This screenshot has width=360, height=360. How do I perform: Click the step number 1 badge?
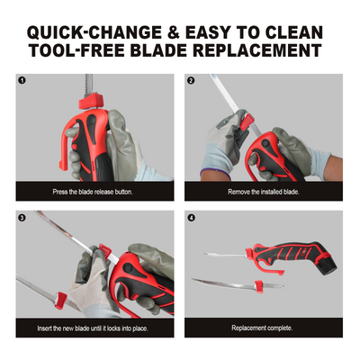pos(22,80)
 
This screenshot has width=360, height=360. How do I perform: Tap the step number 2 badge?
pos(191,80)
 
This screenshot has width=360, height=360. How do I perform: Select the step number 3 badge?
pos(22,218)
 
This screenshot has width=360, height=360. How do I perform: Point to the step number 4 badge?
pos(191,218)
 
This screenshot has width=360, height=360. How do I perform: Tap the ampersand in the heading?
pos(174,32)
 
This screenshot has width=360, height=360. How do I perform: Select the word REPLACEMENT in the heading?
pos(257,50)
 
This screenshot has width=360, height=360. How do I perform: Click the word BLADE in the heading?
pos(158,50)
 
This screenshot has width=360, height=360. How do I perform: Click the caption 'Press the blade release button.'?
pos(93,192)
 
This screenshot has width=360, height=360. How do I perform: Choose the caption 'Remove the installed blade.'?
pos(264,192)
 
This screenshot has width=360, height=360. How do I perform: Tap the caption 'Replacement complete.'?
pos(262,328)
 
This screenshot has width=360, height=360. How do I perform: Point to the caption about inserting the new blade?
pos(93,328)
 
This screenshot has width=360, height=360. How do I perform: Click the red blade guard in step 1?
pos(91,102)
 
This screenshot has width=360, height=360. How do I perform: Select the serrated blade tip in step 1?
pos(88,84)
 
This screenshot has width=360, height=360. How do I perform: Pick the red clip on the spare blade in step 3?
pos(60,301)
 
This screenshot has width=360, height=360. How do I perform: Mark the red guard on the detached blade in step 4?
pos(258,286)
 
